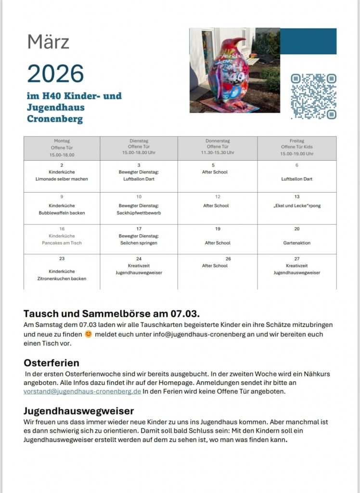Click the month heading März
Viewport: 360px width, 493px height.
click(x=48, y=42)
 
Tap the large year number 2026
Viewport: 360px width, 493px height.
click(x=55, y=73)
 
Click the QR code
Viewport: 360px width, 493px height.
click(x=313, y=96)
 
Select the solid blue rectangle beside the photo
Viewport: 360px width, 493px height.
click(x=308, y=41)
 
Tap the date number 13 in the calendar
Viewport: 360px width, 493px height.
click(x=297, y=197)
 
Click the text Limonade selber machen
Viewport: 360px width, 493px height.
click(x=62, y=179)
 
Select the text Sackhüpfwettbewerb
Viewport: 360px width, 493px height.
click(x=139, y=212)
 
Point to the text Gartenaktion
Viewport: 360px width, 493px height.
click(x=297, y=243)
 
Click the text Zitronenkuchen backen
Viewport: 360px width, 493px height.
click(x=62, y=279)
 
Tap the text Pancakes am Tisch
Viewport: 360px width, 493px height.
click(x=62, y=243)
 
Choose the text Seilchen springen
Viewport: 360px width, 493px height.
click(x=139, y=243)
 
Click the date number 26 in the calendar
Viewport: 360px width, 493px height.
click(x=228, y=259)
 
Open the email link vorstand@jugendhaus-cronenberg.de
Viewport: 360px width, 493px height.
click(x=82, y=391)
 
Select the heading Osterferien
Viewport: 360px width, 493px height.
click(x=51, y=363)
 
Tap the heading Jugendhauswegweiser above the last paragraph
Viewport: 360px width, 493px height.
click(x=79, y=411)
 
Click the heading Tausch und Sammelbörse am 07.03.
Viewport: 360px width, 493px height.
click(x=111, y=314)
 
